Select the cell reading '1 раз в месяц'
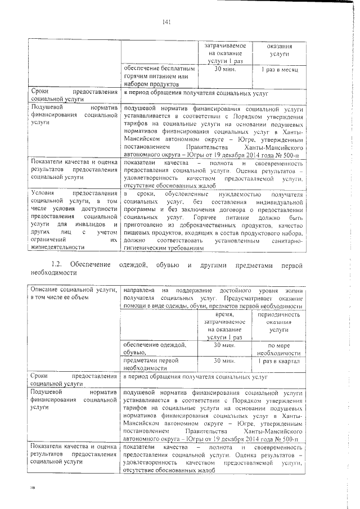point(279,70)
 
